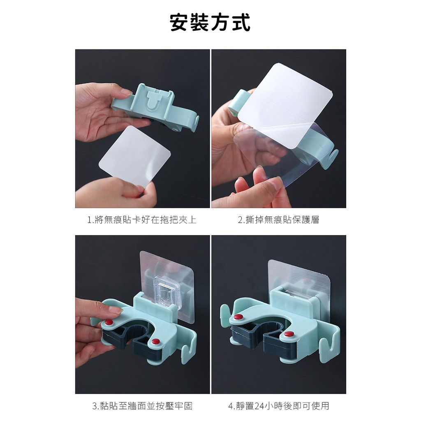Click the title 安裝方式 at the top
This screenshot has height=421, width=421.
point(210,22)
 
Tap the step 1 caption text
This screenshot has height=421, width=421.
point(142,220)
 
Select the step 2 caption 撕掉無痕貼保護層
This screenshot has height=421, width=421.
point(278,220)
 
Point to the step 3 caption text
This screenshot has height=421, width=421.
point(142,406)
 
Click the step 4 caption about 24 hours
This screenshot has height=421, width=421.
point(279,406)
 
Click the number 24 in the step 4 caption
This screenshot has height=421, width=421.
point(259,406)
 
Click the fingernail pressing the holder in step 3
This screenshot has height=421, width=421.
point(116,311)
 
